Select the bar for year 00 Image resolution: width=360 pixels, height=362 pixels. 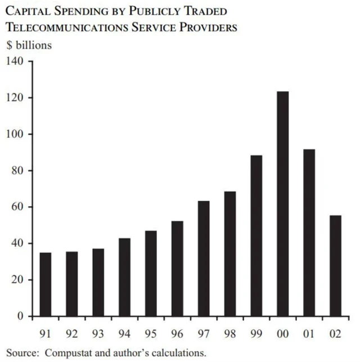pyautogui.click(x=282, y=203)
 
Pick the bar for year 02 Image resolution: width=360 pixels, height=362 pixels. pyautogui.click(x=335, y=266)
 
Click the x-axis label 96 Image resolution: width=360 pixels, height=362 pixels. pyautogui.click(x=177, y=334)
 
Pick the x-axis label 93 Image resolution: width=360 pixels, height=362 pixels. pyautogui.click(x=98, y=334)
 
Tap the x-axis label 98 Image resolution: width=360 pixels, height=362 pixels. pyautogui.click(x=229, y=334)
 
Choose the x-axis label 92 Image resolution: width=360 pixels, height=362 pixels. pyautogui.click(x=71, y=334)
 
